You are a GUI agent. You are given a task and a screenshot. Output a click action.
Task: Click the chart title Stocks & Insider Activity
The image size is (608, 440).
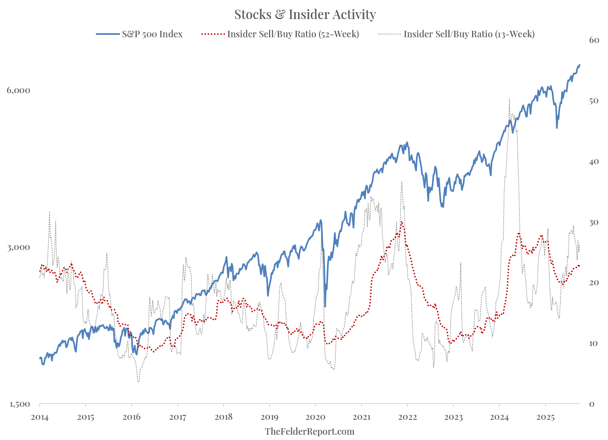click(305, 15)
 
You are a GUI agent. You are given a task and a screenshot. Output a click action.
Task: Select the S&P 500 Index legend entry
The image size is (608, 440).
click(152, 34)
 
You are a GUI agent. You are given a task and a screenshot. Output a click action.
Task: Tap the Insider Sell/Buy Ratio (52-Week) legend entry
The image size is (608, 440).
click(293, 34)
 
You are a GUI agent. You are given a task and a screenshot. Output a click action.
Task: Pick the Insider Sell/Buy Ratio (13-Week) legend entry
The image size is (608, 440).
click(469, 34)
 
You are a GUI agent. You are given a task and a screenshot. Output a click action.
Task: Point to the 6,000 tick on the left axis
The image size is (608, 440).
click(19, 90)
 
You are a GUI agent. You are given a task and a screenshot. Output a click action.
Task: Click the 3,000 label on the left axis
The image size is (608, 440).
click(19, 247)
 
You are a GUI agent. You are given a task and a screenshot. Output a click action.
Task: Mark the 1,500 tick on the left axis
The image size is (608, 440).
click(19, 404)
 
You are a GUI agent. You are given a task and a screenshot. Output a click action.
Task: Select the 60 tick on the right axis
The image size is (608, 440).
click(594, 40)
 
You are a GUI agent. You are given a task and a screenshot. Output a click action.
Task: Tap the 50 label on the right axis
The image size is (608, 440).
click(594, 100)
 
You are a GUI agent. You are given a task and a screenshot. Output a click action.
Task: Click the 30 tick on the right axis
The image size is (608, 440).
click(594, 222)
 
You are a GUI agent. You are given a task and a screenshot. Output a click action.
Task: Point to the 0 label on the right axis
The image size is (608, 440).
click(591, 404)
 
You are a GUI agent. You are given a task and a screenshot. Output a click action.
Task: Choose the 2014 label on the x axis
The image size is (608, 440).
click(40, 417)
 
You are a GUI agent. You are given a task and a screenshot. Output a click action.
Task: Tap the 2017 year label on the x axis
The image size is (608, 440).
click(177, 417)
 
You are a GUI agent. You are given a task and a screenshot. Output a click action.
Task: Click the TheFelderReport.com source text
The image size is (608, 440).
click(309, 431)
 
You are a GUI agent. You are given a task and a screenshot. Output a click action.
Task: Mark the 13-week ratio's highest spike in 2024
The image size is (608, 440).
click(509, 99)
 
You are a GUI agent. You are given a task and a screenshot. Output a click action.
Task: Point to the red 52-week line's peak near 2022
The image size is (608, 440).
click(401, 222)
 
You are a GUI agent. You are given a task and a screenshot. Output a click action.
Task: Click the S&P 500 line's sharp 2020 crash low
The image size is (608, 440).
click(325, 306)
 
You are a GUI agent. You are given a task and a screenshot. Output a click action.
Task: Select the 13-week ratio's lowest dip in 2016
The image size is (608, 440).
click(138, 382)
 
